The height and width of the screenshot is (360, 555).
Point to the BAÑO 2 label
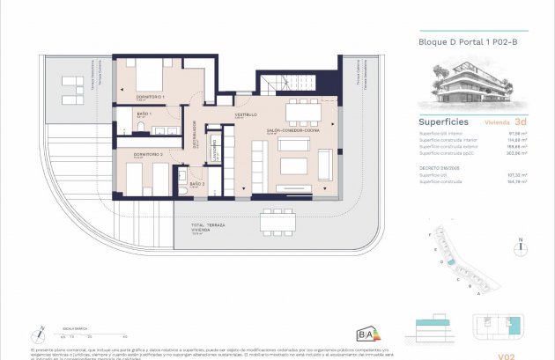(x=197, y=184)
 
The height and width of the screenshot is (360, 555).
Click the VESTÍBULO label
(x=245, y=115)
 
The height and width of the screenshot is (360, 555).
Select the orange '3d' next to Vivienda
(x=521, y=122)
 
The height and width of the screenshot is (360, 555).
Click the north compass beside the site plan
(x=521, y=242)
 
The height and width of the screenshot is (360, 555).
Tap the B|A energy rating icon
(x=365, y=333)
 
